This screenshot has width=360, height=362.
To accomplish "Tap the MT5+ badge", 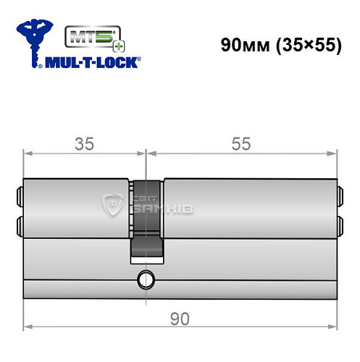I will coord(88,35).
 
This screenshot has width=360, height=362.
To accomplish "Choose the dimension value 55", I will coord(241,143).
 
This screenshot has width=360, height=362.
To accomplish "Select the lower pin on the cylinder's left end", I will coord(20,223).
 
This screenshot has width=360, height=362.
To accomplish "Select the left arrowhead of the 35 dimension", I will coord(28,153).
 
